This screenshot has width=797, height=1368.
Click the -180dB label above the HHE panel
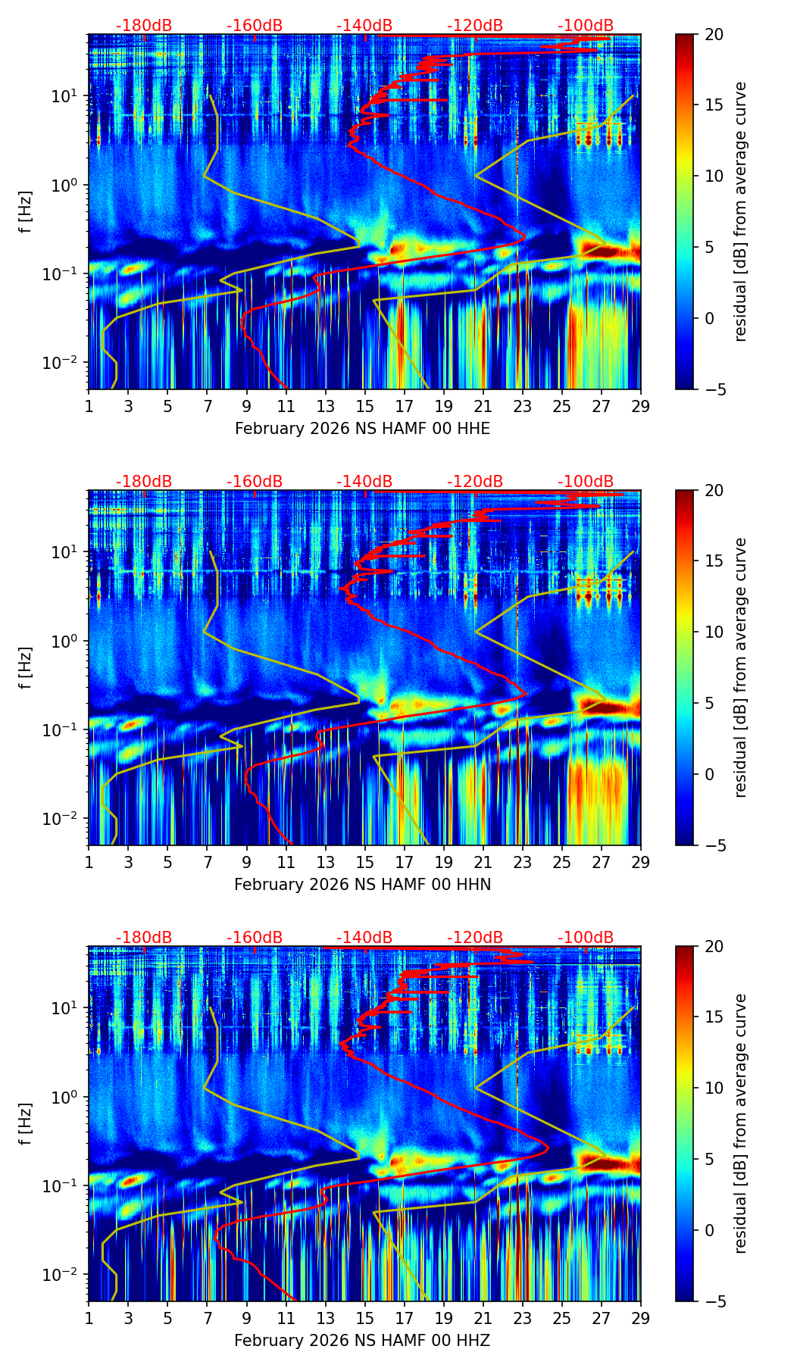pyautogui.click(x=144, y=26)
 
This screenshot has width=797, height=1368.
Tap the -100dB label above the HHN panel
pyautogui.click(x=586, y=482)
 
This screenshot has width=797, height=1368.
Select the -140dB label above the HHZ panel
pyautogui.click(x=364, y=938)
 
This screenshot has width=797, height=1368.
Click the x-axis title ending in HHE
pyautogui.click(x=362, y=429)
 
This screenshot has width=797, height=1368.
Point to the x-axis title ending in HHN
pyautogui.click(x=362, y=885)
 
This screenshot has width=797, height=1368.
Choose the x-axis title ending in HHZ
pyautogui.click(x=362, y=1341)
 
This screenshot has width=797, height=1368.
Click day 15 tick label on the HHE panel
pyautogui.click(x=364, y=406)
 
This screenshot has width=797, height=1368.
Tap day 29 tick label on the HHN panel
pyautogui.click(x=641, y=862)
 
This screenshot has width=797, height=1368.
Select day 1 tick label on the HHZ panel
pyautogui.click(x=89, y=1318)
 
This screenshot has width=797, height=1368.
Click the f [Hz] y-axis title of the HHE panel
pyautogui.click(x=26, y=212)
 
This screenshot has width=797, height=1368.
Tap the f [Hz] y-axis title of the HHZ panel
pyautogui.click(x=26, y=1124)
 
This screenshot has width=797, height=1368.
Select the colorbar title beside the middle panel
pyautogui.click(x=740, y=667)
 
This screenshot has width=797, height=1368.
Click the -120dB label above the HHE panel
pyautogui.click(x=475, y=26)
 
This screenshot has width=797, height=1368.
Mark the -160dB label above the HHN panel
pyautogui.click(x=255, y=482)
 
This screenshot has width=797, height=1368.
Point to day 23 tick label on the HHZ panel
pyautogui.click(x=522, y=1318)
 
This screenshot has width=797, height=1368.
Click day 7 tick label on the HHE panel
pyautogui.click(x=207, y=406)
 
